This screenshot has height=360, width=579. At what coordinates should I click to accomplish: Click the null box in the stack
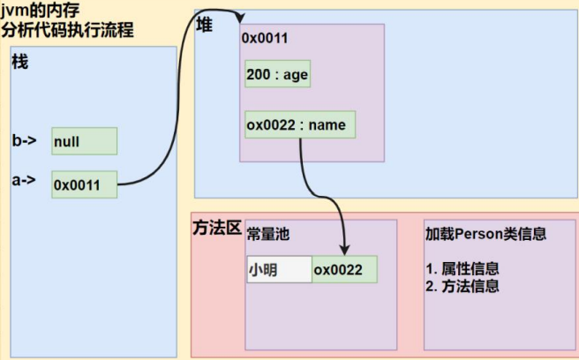[84, 141]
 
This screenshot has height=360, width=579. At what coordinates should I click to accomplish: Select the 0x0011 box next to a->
[84, 184]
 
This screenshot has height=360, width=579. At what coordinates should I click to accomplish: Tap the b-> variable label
[24, 140]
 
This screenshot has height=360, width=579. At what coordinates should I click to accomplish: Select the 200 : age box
[277, 75]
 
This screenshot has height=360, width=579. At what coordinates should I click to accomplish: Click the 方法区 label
[217, 228]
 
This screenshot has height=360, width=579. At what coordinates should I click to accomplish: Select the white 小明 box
[279, 269]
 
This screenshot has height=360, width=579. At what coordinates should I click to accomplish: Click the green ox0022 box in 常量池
[344, 269]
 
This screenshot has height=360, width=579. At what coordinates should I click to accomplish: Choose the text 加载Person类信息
[485, 234]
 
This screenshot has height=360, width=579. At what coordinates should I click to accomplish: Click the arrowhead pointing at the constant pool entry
[342, 251]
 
